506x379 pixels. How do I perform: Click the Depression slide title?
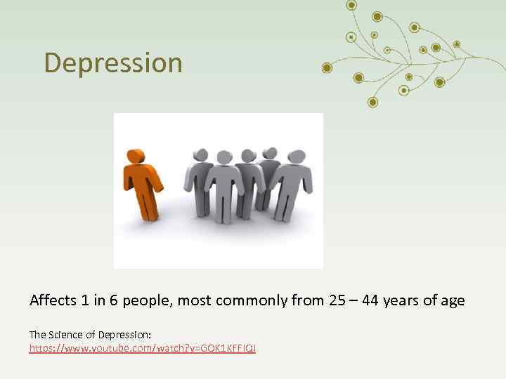click(113, 62)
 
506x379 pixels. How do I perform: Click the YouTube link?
click(143, 348)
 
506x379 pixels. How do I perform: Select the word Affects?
click(53, 300)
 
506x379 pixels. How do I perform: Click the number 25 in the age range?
click(337, 300)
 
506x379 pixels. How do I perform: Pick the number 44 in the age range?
click(373, 300)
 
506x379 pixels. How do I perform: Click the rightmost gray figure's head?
click(296, 157)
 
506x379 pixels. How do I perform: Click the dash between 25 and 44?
click(355, 301)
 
